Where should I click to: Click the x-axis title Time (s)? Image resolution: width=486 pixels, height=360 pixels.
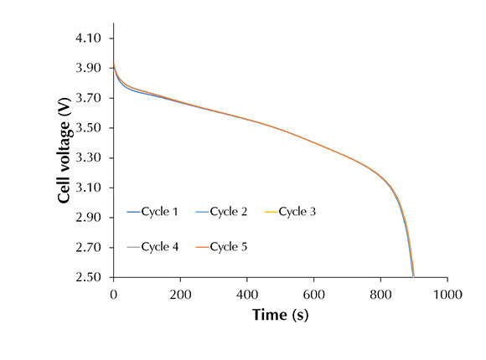pos(281,315)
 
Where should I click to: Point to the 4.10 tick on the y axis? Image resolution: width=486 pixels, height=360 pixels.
pos(89,39)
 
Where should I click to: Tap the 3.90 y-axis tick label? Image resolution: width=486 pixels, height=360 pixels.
pos(89,69)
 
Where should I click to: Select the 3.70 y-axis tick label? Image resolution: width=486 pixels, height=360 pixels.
pos(89,98)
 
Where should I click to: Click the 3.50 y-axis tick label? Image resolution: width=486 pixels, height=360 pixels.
pos(89,128)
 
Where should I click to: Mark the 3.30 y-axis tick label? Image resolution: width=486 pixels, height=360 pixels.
pos(89,158)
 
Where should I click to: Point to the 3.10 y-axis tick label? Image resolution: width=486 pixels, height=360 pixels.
pos(89,188)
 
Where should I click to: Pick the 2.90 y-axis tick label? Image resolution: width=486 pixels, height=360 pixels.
pos(89,218)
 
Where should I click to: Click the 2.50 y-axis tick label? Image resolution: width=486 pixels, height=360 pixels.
pos(89,277)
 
